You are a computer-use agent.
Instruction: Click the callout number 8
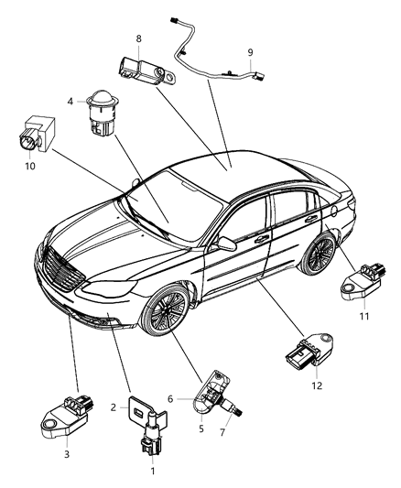coord(139,38)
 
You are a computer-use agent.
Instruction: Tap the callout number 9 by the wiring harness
coord(250,52)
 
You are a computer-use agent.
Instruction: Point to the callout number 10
coord(28,168)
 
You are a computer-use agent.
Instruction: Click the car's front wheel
coord(166,317)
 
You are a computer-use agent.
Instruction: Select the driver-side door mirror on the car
coord(220,244)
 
